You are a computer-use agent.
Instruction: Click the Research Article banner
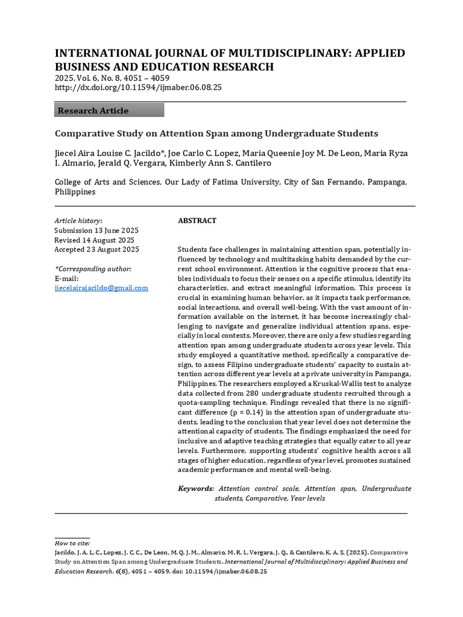[x=109, y=110]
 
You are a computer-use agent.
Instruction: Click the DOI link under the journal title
[x=138, y=87]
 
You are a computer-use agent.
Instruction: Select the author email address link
[x=101, y=288]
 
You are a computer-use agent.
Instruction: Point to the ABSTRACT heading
[x=197, y=221]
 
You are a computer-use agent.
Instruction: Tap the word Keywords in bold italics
[x=196, y=489]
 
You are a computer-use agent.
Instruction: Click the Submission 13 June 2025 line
[x=96, y=230]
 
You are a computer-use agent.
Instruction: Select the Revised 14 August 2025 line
[x=95, y=240]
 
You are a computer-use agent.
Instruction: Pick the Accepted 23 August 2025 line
[x=96, y=249]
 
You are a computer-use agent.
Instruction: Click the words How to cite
[x=72, y=543]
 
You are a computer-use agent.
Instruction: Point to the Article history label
[x=78, y=221]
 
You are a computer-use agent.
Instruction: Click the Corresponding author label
[x=93, y=269]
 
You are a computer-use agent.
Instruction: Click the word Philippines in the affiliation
[x=75, y=192]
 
